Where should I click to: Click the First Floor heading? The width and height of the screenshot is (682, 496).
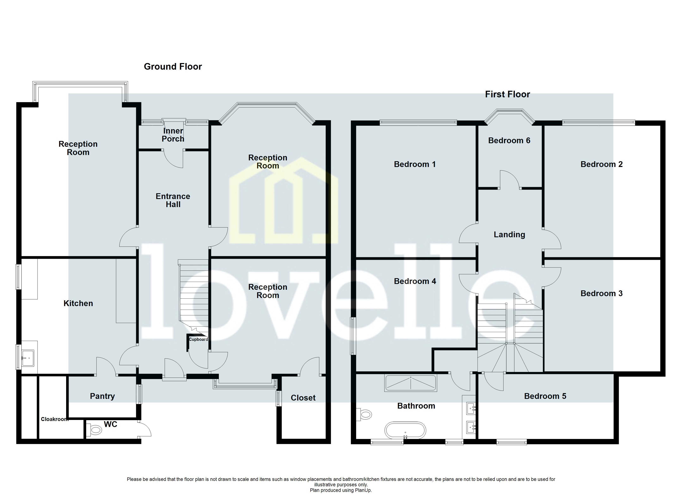tap(507, 94)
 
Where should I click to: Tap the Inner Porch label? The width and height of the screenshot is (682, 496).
tap(173, 135)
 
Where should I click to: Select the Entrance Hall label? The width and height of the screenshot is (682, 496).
tap(173, 200)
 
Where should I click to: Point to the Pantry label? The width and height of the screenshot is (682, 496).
tap(102, 396)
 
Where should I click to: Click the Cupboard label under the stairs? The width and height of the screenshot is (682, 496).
tap(198, 339)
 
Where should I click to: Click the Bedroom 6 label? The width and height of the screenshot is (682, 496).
tap(509, 141)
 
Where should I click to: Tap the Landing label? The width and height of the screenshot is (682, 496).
tap(509, 235)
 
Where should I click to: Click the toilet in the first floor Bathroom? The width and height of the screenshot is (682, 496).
tap(364, 415)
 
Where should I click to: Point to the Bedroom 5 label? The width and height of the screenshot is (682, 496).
tap(545, 396)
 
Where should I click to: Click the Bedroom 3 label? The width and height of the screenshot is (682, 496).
tap(601, 293)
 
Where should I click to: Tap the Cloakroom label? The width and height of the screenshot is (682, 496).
tap(54, 419)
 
